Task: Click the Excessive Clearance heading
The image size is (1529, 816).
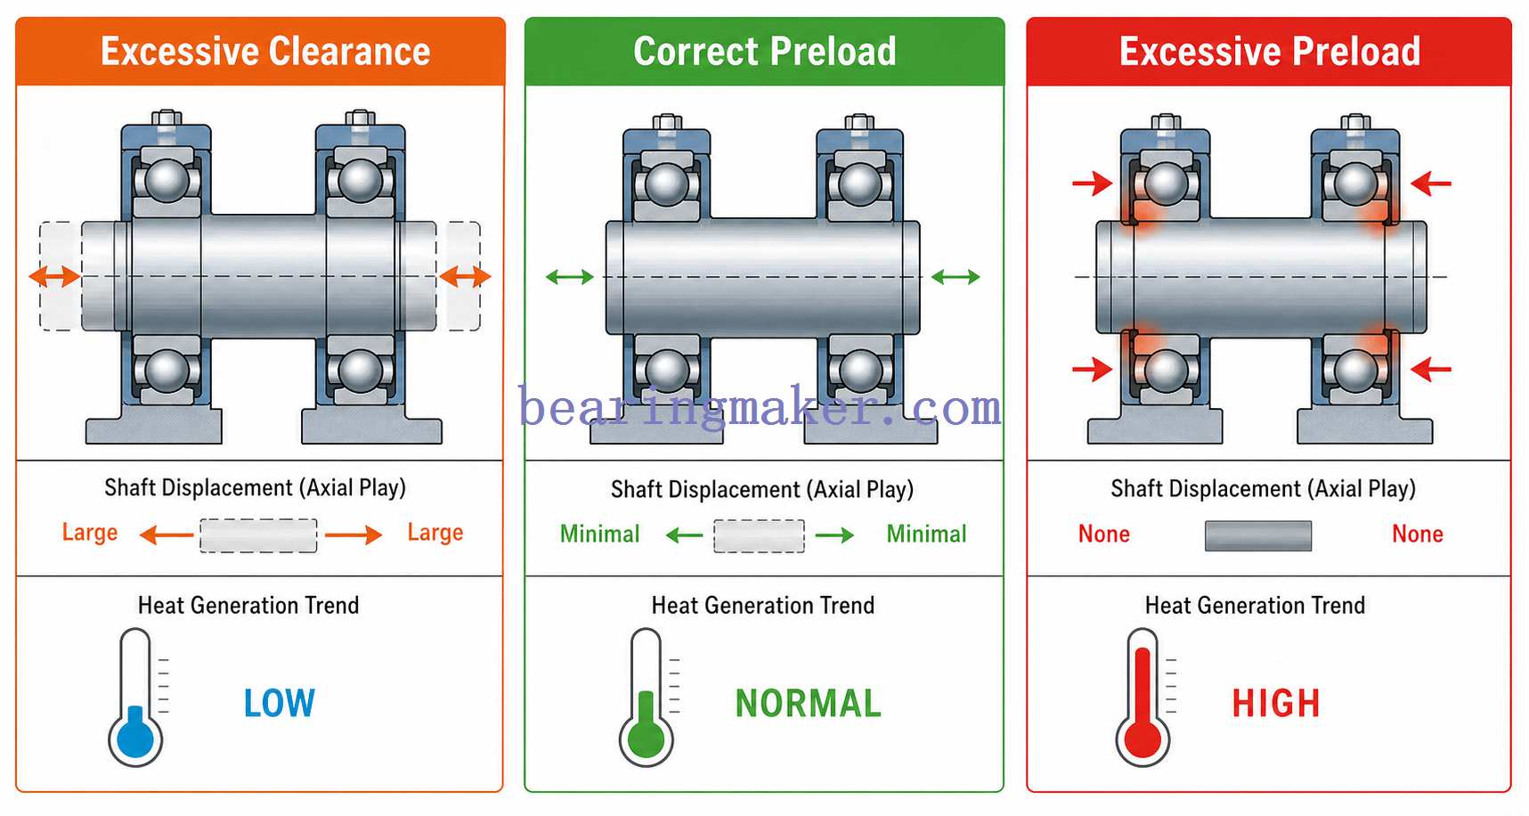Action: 265,52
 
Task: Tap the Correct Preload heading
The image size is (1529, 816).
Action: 765,52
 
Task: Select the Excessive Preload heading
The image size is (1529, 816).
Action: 1270,52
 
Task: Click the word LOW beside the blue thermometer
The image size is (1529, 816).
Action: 280,703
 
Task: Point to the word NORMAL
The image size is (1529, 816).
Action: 808,704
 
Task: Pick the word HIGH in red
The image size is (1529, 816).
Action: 1276,704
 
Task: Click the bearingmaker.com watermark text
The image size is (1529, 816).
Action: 760,408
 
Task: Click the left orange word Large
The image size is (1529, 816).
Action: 90,533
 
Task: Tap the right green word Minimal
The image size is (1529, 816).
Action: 926,534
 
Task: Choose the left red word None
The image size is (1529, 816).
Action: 1104,534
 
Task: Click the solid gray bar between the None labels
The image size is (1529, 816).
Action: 1258,535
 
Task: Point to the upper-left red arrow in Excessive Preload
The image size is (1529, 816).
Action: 1092,184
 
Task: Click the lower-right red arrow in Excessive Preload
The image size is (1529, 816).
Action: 1431,368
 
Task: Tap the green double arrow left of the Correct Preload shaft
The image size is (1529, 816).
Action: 570,277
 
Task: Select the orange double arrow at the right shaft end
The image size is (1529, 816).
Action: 465,276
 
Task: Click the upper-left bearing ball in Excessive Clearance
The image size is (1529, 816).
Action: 167,180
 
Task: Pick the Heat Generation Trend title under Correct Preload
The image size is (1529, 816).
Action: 763,606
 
